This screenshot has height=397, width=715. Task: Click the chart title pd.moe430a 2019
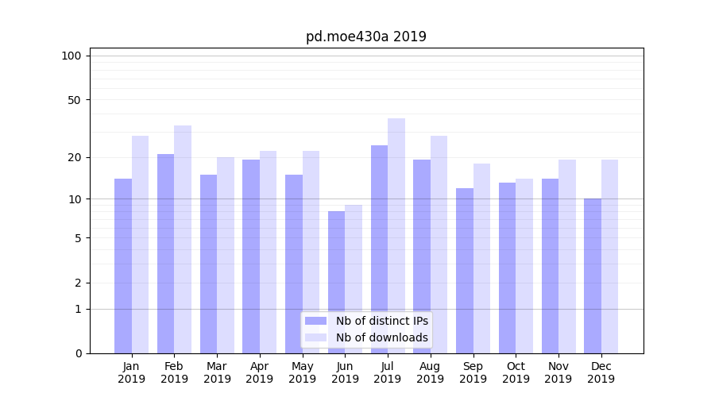(x=365, y=37)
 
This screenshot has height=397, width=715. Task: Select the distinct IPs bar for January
(x=123, y=266)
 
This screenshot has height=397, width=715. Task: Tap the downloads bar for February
(x=183, y=238)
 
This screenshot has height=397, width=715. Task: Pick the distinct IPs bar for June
(x=336, y=282)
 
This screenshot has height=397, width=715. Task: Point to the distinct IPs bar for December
(x=593, y=276)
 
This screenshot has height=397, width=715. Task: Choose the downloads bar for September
(x=481, y=258)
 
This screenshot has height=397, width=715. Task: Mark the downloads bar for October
(x=524, y=266)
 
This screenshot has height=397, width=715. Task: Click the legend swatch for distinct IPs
(x=315, y=321)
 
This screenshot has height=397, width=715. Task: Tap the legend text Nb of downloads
(x=381, y=337)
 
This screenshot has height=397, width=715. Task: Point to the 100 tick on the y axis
(x=71, y=56)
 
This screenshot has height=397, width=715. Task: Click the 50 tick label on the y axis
(x=74, y=100)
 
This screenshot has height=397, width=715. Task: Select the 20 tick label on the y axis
(x=74, y=157)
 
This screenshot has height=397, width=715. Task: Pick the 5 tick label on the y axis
(x=77, y=238)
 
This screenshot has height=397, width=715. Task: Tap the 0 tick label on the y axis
(x=77, y=353)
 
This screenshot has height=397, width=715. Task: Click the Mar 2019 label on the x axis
(x=217, y=372)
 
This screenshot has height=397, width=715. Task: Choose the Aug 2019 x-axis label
(x=430, y=372)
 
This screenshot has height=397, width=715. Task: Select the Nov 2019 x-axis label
(x=558, y=372)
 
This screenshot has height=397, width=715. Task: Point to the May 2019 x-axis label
(x=302, y=372)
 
